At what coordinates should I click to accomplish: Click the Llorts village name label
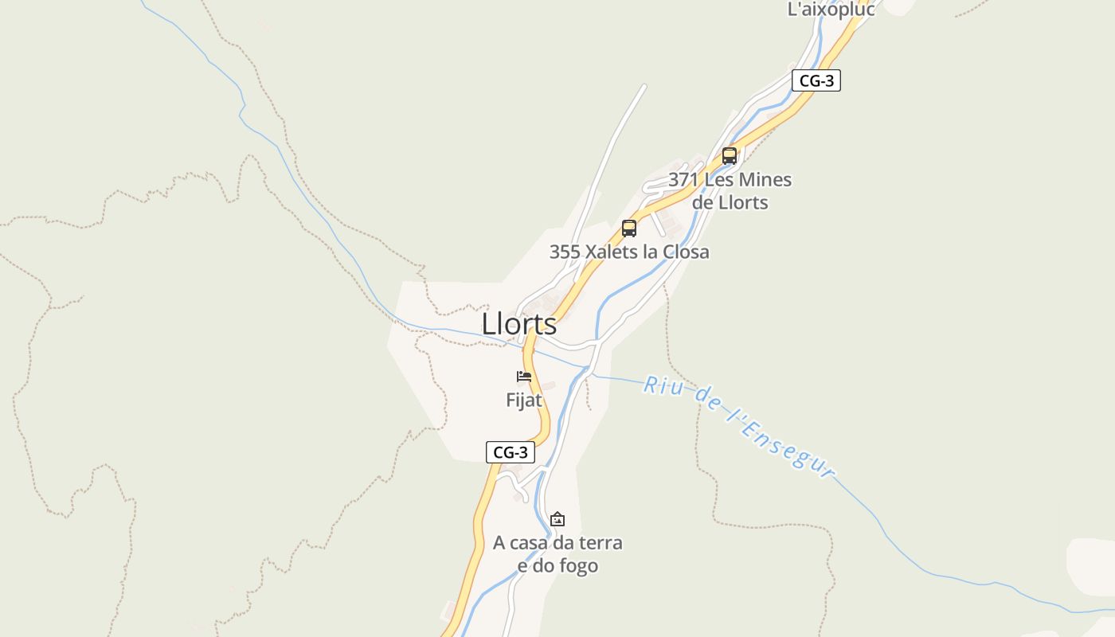tap(519, 324)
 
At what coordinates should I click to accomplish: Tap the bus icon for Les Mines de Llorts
tap(730, 155)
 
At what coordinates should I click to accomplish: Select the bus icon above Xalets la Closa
tap(629, 229)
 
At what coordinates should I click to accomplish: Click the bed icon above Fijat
tap(524, 376)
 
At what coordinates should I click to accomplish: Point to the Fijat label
tap(524, 400)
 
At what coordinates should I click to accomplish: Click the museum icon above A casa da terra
tap(557, 519)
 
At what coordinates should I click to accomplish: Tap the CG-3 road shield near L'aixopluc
tap(816, 80)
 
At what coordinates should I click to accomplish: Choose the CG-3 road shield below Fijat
tap(511, 452)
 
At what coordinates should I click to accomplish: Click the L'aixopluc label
tap(831, 10)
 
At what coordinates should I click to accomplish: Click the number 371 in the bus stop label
tap(683, 180)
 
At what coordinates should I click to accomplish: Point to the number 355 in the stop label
tap(565, 252)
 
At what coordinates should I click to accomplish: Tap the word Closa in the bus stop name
tap(683, 252)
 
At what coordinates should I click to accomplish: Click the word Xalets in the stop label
tap(612, 252)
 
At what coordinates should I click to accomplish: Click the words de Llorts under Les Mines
tap(730, 202)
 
